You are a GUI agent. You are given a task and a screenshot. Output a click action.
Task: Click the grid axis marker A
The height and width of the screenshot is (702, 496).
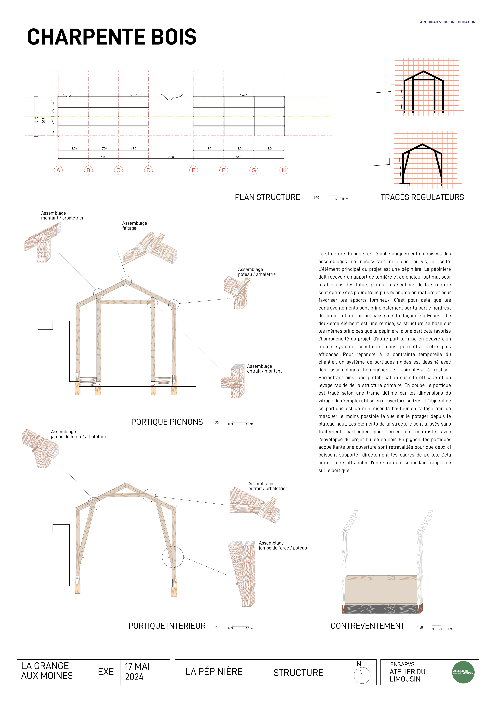(58, 170)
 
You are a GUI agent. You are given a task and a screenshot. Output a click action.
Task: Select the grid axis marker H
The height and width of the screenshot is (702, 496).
(284, 170)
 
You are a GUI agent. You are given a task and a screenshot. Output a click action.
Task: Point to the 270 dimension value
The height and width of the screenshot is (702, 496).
(171, 157)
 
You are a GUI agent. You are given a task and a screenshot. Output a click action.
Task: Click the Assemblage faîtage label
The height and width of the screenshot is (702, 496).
(135, 226)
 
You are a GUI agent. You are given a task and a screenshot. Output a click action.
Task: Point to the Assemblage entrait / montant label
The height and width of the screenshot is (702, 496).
(264, 369)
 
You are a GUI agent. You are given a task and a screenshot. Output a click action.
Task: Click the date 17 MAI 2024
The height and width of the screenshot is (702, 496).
(137, 672)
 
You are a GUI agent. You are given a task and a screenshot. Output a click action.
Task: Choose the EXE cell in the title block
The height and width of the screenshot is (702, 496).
(106, 672)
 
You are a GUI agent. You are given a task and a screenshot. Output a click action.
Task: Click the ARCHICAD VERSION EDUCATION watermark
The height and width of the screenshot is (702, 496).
(447, 22)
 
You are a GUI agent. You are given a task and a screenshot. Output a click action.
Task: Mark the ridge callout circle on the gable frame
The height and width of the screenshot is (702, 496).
(126, 281)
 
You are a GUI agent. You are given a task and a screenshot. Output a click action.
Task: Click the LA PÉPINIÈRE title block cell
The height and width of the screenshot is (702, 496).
(214, 672)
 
